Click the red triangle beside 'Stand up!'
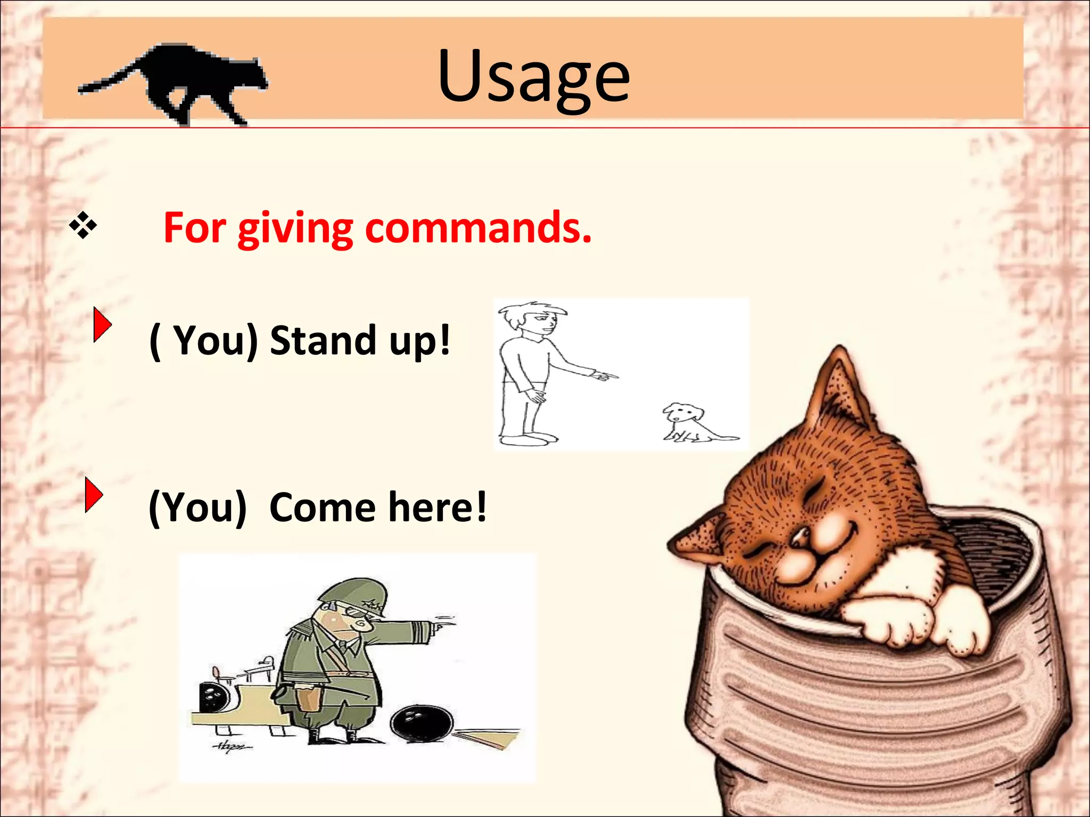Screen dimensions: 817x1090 click(x=102, y=324)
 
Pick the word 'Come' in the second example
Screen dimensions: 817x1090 click(x=323, y=507)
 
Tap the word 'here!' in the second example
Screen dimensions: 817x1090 click(x=437, y=507)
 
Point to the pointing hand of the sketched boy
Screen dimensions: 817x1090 click(x=604, y=376)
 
